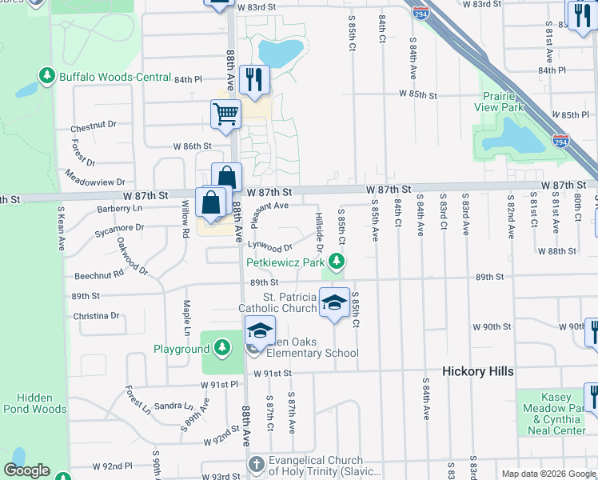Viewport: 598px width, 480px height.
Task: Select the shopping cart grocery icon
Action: coord(226,114)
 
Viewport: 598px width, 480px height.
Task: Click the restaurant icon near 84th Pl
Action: coord(255,79)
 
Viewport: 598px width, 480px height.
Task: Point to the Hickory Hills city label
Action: coord(478,372)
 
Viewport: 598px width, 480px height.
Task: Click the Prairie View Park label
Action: coord(502,101)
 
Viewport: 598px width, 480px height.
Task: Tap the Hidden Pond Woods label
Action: coord(34,402)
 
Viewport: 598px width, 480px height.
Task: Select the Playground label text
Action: coord(181,349)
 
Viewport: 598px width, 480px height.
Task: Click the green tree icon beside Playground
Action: coord(221,348)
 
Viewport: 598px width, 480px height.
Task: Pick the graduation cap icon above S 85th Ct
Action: coord(335,302)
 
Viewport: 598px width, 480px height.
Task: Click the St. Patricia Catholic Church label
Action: coord(277,302)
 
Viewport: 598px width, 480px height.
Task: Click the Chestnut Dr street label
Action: coord(94,126)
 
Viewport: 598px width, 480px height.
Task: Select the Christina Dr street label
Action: coord(96,316)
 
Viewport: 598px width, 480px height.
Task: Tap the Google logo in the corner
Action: coord(26,470)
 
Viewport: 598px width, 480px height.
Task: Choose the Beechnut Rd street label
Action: coord(99,274)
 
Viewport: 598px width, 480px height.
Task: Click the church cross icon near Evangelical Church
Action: coord(256,464)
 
